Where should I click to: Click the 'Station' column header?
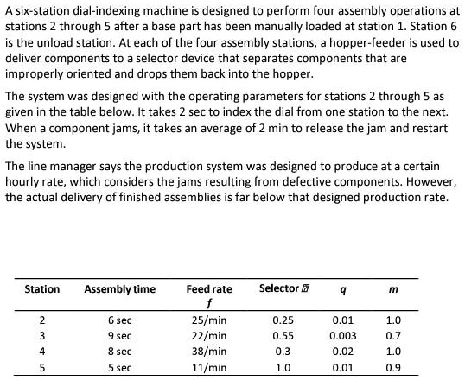[42, 288]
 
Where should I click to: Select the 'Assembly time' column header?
[119, 288]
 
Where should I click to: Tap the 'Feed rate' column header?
[209, 288]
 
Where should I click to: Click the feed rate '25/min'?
[208, 320]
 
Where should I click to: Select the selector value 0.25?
[283, 320]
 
